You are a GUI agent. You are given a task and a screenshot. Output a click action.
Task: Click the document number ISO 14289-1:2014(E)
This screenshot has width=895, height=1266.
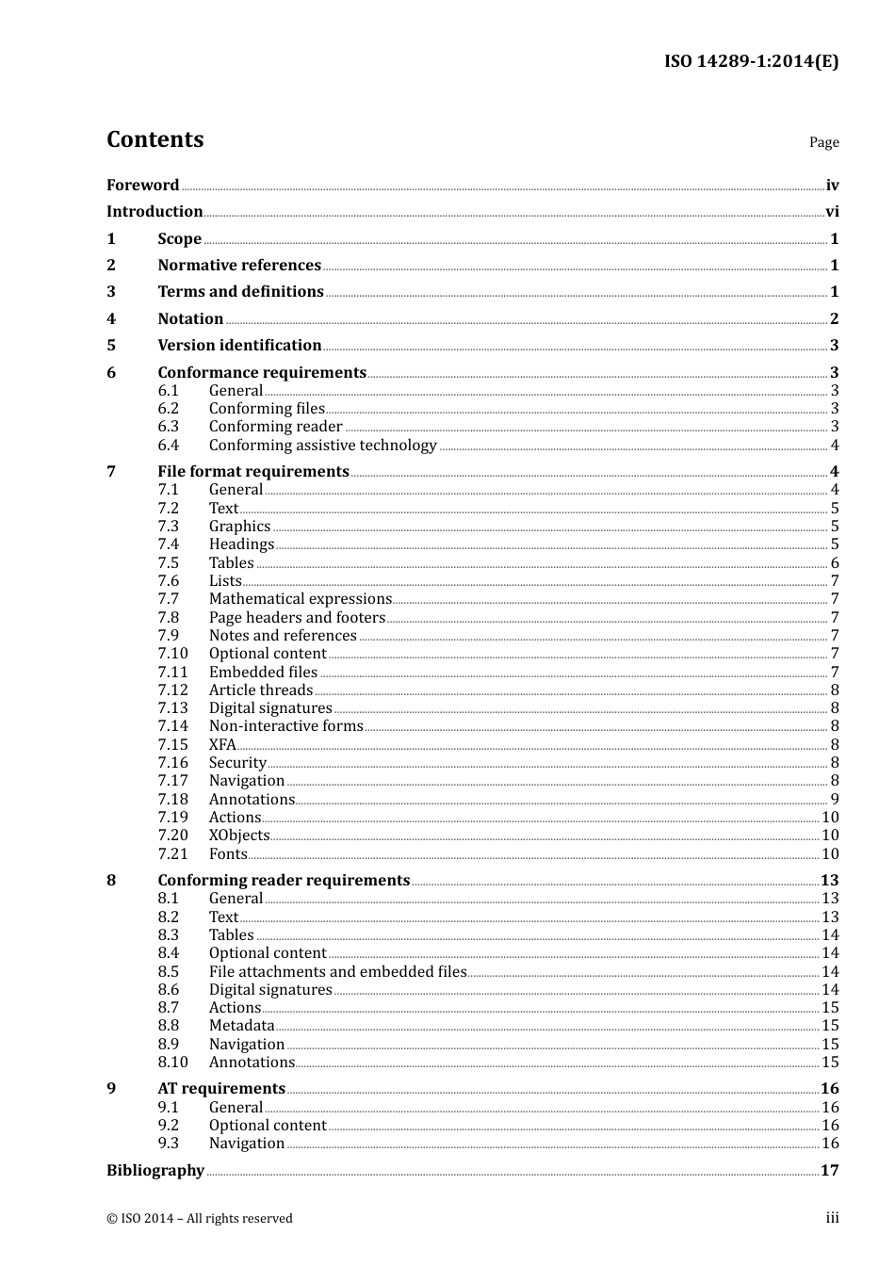click(751, 62)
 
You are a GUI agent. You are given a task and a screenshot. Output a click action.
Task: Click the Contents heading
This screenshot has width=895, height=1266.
click(155, 139)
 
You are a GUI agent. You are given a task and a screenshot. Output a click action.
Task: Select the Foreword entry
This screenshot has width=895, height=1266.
click(142, 186)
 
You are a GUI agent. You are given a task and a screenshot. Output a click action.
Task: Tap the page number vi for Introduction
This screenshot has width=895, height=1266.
click(832, 212)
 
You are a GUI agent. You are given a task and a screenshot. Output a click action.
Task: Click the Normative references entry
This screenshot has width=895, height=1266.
click(239, 266)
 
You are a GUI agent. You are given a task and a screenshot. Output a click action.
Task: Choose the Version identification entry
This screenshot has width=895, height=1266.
click(239, 346)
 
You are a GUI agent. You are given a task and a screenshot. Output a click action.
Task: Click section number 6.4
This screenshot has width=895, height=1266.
click(169, 446)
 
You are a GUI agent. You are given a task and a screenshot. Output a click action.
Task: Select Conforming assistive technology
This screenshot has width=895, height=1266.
click(322, 446)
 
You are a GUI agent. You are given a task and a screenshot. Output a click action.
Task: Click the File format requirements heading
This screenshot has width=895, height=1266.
click(253, 472)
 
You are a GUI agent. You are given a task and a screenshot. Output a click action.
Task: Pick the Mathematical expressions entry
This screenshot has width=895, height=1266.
click(300, 599)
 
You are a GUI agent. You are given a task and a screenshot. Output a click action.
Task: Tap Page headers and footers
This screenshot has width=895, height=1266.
click(297, 618)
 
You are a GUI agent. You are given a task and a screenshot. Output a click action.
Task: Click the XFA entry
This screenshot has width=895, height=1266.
click(222, 745)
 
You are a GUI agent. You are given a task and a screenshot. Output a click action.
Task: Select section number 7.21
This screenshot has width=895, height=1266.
click(173, 854)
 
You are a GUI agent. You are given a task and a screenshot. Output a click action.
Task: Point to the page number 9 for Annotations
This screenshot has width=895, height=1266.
click(835, 800)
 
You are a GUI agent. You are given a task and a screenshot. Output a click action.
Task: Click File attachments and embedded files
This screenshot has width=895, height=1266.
click(337, 972)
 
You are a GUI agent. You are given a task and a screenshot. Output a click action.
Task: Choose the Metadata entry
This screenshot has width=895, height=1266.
click(241, 1026)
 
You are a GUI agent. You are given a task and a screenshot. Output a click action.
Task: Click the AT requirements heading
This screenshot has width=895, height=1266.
click(221, 1089)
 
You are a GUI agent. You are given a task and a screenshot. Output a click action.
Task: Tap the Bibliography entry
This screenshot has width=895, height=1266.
click(155, 1171)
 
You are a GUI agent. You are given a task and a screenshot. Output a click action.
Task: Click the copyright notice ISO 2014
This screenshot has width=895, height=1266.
click(200, 1219)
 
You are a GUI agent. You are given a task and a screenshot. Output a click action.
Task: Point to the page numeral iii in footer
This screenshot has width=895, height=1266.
click(832, 1218)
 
